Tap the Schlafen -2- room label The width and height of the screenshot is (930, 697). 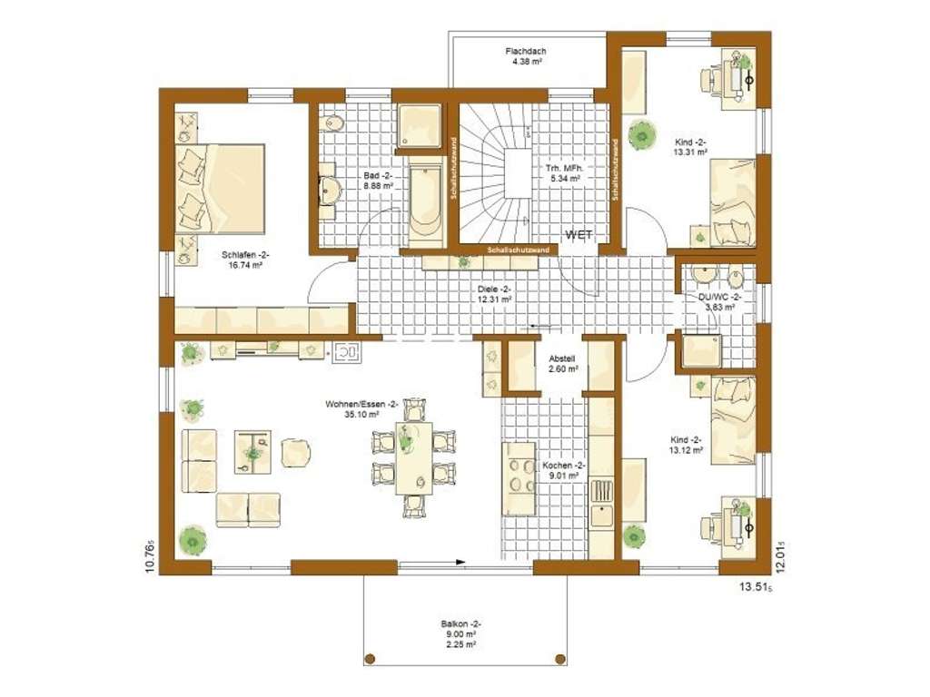[x=242, y=260]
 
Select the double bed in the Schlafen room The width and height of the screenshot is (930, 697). [x=222, y=187]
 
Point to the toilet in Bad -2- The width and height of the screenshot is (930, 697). [x=332, y=123]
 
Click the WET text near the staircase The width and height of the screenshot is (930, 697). [x=579, y=235]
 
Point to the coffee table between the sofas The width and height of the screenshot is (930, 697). [x=252, y=451]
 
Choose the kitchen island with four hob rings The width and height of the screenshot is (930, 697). [x=519, y=478]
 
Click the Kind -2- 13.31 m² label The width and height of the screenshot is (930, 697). [x=690, y=147]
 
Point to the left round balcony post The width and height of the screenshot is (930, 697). [x=370, y=658]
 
